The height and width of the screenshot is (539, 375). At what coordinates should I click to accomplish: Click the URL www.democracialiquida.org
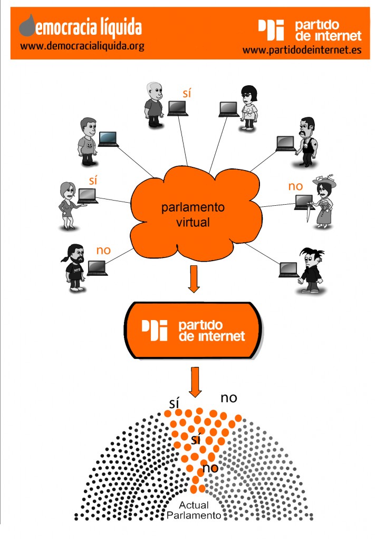pos(82,46)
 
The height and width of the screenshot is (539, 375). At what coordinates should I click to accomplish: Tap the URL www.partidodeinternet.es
pos(302,51)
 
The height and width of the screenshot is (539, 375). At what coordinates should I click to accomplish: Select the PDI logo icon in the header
pos(271,30)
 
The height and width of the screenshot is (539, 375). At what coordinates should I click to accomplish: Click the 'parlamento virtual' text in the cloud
pos(193,215)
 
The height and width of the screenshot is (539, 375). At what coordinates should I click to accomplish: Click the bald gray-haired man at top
pos(153,104)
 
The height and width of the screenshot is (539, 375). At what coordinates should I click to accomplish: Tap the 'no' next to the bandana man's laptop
pos(103,250)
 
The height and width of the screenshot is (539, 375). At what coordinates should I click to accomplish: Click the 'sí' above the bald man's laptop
pos(187,93)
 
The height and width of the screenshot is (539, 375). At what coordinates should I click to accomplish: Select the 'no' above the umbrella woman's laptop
pos(295,186)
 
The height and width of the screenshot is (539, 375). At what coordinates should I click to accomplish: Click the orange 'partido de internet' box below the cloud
pos(193,331)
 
